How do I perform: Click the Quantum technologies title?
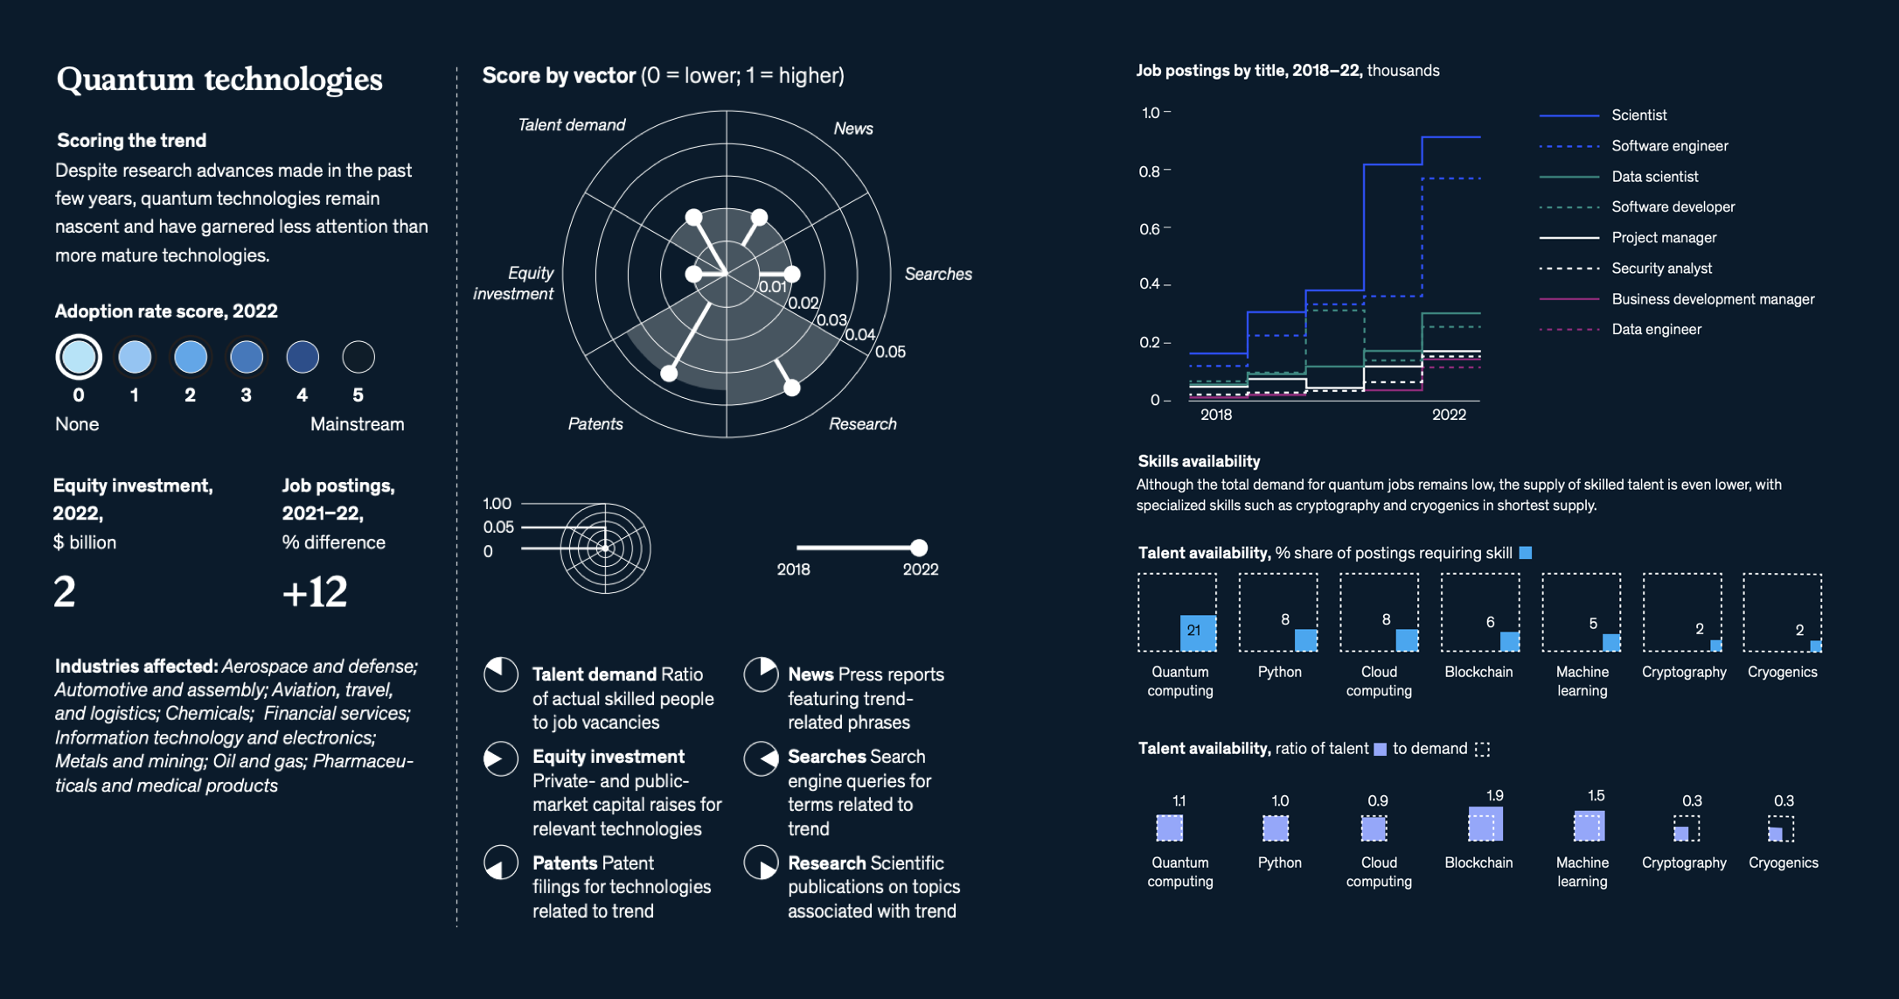coord(219,80)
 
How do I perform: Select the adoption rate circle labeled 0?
coord(79,357)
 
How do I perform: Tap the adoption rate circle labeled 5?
coord(358,357)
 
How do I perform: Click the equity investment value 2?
coord(65,592)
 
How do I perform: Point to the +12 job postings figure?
coord(315,592)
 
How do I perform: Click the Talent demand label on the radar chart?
coord(571,125)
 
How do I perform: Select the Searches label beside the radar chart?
coord(938,274)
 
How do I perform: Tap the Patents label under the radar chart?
coord(595,424)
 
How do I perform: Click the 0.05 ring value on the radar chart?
coord(890,352)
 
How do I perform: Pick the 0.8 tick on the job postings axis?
coord(1150,171)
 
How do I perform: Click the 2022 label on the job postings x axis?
coord(1449,415)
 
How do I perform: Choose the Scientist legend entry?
coord(1638,115)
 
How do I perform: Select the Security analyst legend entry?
coord(1661,269)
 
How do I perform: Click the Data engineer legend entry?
coord(1656,330)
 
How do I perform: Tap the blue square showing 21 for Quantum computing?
coord(1197,632)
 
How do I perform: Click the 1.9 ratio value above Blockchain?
coord(1494,796)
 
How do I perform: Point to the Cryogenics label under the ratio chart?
coord(1783,863)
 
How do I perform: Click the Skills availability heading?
coord(1199,461)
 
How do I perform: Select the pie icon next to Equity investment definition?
coord(501,758)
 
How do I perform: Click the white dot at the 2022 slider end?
coord(918,548)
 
